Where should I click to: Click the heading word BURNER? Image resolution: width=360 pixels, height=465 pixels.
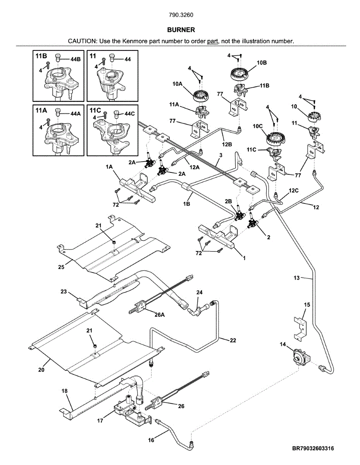tap(181, 30)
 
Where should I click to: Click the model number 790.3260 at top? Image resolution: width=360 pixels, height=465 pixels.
tap(181, 15)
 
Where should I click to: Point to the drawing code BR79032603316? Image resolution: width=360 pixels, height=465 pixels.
tap(313, 448)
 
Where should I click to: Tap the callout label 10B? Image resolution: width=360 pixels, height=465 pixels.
tap(262, 62)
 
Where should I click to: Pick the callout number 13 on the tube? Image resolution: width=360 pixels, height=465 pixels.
tap(296, 277)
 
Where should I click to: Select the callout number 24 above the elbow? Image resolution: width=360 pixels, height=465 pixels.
tap(199, 292)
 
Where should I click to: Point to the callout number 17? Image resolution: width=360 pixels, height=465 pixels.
tap(100, 421)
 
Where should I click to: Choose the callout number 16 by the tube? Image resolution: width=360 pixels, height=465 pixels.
tap(151, 440)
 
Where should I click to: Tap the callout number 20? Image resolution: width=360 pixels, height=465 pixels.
tap(41, 370)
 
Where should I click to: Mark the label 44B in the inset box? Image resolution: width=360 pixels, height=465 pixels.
tap(76, 59)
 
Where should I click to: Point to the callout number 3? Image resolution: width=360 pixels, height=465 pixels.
tap(220, 155)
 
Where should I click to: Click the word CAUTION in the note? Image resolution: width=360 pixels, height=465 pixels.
tap(82, 41)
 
